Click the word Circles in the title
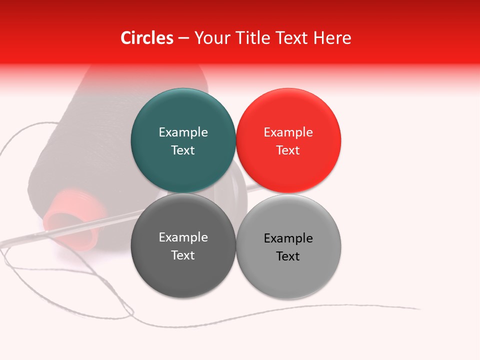coord(146,38)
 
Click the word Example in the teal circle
coord(183,132)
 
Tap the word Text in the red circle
coord(288,150)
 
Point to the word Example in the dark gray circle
coord(183,237)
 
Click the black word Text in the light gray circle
coord(288,256)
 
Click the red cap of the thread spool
coord(70,220)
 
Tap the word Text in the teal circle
coord(183,150)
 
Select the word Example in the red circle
coord(288,132)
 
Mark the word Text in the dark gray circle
coord(183,255)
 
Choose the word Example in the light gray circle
coord(288,238)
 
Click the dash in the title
coord(183,38)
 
